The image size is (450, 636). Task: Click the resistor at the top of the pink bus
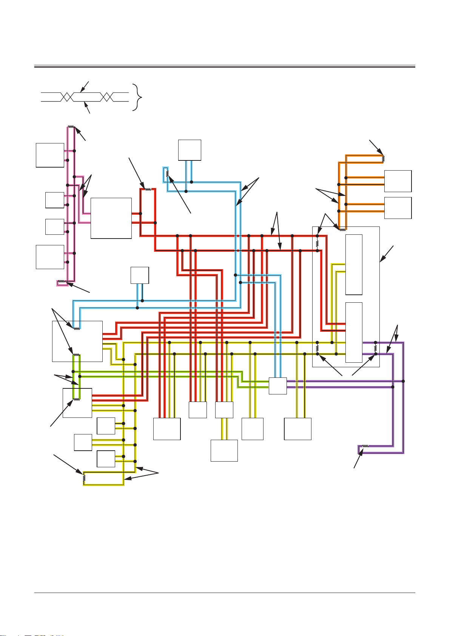point(71,127)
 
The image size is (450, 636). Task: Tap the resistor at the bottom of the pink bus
point(60,282)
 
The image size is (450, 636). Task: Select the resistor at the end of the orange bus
point(383,159)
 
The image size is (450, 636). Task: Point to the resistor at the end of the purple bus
point(365,446)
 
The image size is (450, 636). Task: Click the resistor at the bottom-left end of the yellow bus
point(84,478)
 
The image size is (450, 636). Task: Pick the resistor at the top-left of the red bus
point(148,189)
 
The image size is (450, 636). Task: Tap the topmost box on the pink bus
point(50,155)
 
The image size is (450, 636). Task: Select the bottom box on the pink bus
point(50,257)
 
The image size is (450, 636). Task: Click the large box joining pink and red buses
point(111,218)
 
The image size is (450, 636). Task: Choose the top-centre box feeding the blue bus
point(190,150)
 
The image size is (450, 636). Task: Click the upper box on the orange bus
point(398,181)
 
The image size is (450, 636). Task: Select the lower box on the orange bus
point(398,208)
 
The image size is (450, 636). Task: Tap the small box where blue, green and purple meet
point(277,385)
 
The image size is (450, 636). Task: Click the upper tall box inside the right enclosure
point(354,264)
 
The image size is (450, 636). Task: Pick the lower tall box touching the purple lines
point(354,332)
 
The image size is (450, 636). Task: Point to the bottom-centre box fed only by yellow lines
point(224,450)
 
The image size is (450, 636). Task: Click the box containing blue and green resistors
point(77,341)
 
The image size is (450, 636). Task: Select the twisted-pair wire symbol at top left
point(85,97)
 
